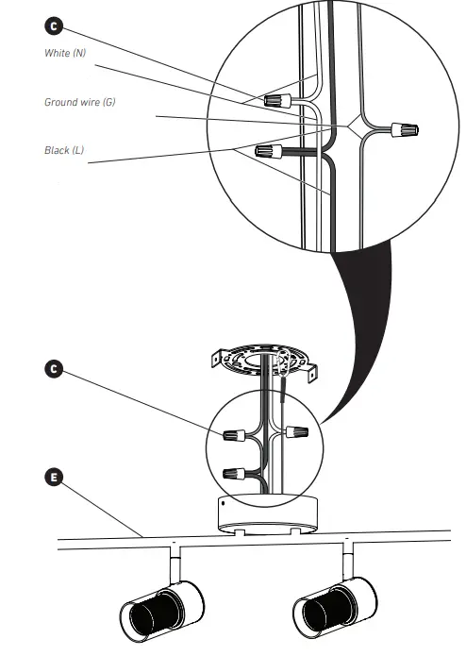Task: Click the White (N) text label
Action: click(65, 53)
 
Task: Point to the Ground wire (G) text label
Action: click(79, 101)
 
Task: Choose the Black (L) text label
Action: click(63, 150)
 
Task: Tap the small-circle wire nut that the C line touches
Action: click(234, 436)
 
